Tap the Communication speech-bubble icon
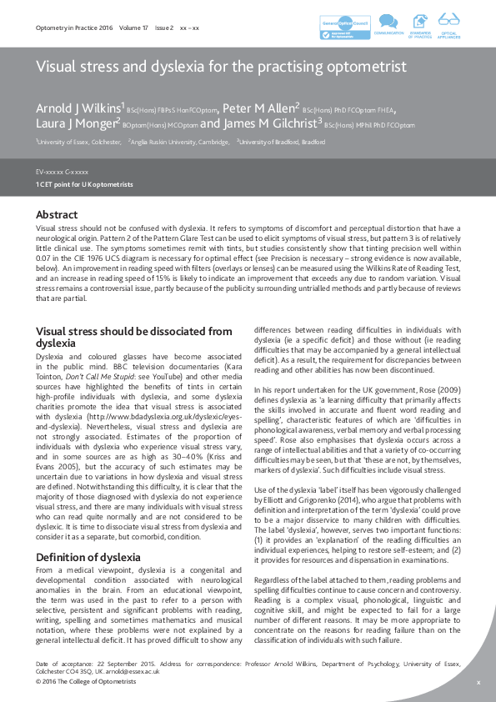[x=388, y=23]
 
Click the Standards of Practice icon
[x=419, y=23]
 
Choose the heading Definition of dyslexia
[x=88, y=534]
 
